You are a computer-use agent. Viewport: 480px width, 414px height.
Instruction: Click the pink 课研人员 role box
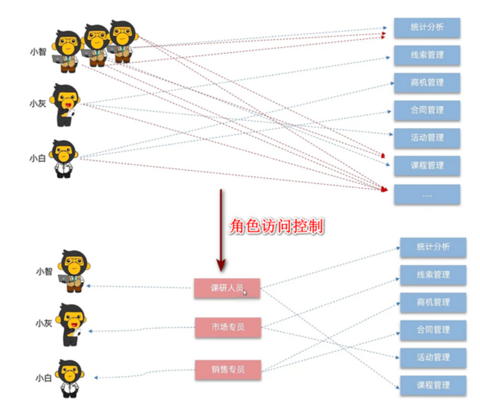coord(227,288)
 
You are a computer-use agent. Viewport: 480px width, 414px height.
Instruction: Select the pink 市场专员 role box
coord(228,327)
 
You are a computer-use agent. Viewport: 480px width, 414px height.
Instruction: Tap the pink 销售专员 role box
coord(228,369)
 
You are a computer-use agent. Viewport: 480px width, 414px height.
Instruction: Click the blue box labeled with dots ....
coord(427,194)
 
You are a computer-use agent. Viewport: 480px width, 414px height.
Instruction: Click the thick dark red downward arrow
coord(221,229)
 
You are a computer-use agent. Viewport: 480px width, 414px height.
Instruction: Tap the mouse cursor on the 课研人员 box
coord(245,292)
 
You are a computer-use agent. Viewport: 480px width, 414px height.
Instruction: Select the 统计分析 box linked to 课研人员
coord(433,247)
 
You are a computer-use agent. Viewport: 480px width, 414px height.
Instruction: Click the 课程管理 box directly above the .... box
coord(427,165)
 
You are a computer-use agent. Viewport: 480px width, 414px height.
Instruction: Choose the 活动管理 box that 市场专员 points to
coord(433,357)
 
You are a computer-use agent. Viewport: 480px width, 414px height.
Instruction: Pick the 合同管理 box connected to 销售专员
coord(433,329)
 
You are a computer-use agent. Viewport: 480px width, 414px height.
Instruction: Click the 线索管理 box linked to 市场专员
coord(433,274)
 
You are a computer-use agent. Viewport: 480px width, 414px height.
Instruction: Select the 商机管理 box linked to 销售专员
coord(433,302)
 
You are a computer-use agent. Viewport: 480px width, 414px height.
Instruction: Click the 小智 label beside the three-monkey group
coord(38,52)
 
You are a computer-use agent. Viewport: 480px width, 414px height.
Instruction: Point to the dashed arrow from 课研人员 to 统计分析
coord(327,267)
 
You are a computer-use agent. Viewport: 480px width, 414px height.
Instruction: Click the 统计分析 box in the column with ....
coord(427,27)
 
